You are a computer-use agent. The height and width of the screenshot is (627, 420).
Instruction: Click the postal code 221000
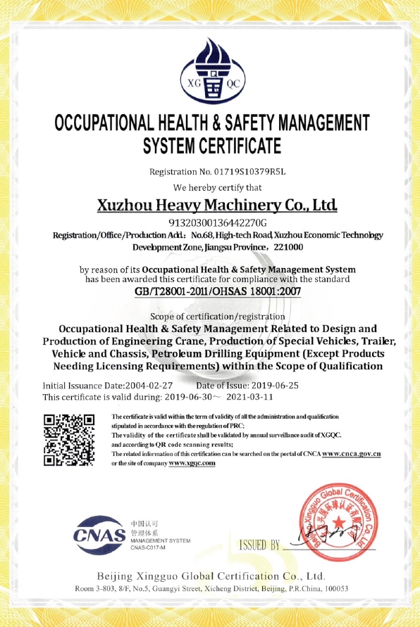tap(288, 248)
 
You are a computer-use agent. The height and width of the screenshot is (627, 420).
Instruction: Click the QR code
tap(69, 440)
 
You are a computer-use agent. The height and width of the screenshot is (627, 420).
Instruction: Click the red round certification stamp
tap(331, 523)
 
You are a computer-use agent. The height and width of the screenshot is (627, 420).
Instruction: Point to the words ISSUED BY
tap(259, 545)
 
